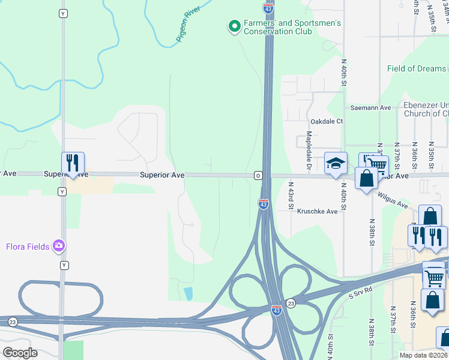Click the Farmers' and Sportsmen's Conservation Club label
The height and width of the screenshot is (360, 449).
point(292,27)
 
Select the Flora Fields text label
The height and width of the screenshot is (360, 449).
point(27,246)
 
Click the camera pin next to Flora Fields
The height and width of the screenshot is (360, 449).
point(59,246)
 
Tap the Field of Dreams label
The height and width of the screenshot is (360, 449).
point(417,68)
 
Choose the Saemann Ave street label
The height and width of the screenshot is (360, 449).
point(371,108)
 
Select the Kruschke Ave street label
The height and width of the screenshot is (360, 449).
point(318,212)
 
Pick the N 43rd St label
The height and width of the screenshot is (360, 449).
point(291,196)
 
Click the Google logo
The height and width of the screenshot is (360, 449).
point(20,352)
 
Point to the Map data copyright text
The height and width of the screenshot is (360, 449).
point(423,355)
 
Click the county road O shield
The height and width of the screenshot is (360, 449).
point(258,175)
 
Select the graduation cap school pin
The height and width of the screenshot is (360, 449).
point(335,163)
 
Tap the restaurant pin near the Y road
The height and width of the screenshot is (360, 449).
point(73,163)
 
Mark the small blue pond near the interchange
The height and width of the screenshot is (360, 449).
point(188,293)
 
